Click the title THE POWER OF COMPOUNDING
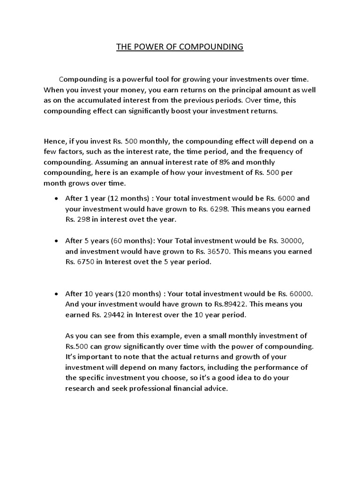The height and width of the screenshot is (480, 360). coord(180,47)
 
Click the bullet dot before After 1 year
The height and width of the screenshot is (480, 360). coord(56,199)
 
